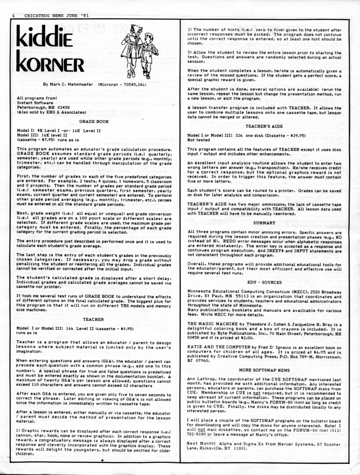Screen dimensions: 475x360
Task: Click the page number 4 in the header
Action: [x=14, y=17]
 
